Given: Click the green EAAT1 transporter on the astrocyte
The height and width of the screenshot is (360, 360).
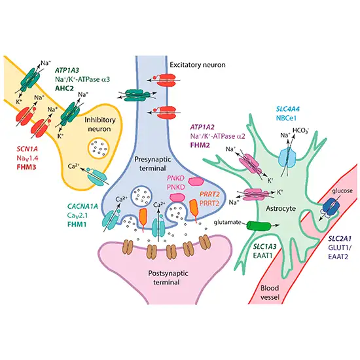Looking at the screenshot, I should (x=257, y=226).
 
